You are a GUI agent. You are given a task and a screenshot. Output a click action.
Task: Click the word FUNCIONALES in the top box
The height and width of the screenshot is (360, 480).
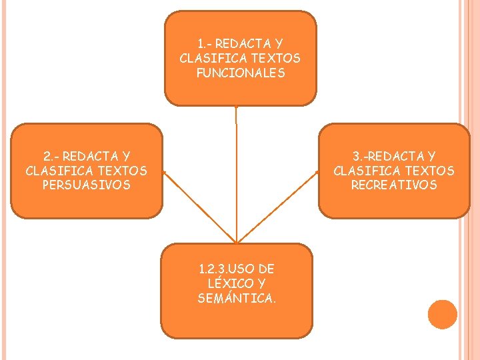240,73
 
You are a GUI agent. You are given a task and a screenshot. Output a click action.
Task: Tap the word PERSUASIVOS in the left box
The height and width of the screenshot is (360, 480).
86,185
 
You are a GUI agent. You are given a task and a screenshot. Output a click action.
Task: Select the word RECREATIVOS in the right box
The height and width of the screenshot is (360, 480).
394,185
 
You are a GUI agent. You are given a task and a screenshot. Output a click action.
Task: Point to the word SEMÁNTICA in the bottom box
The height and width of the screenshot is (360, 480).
237,298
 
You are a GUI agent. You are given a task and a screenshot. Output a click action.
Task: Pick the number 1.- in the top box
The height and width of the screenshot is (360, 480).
203,43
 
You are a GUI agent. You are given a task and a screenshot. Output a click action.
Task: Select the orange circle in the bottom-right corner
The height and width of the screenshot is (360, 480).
443,314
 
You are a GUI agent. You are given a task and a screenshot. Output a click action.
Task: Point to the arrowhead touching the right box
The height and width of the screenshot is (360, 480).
315,174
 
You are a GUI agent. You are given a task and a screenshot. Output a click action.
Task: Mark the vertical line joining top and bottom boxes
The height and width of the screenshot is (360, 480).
237,173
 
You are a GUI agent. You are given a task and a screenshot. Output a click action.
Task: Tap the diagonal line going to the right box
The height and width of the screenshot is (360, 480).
277,207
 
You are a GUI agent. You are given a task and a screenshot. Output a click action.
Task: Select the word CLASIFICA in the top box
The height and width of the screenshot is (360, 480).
212,58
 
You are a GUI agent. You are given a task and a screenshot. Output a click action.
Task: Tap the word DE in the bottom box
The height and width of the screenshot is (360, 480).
266,269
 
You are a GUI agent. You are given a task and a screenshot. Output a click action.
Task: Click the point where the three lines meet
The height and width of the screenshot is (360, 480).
237,241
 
